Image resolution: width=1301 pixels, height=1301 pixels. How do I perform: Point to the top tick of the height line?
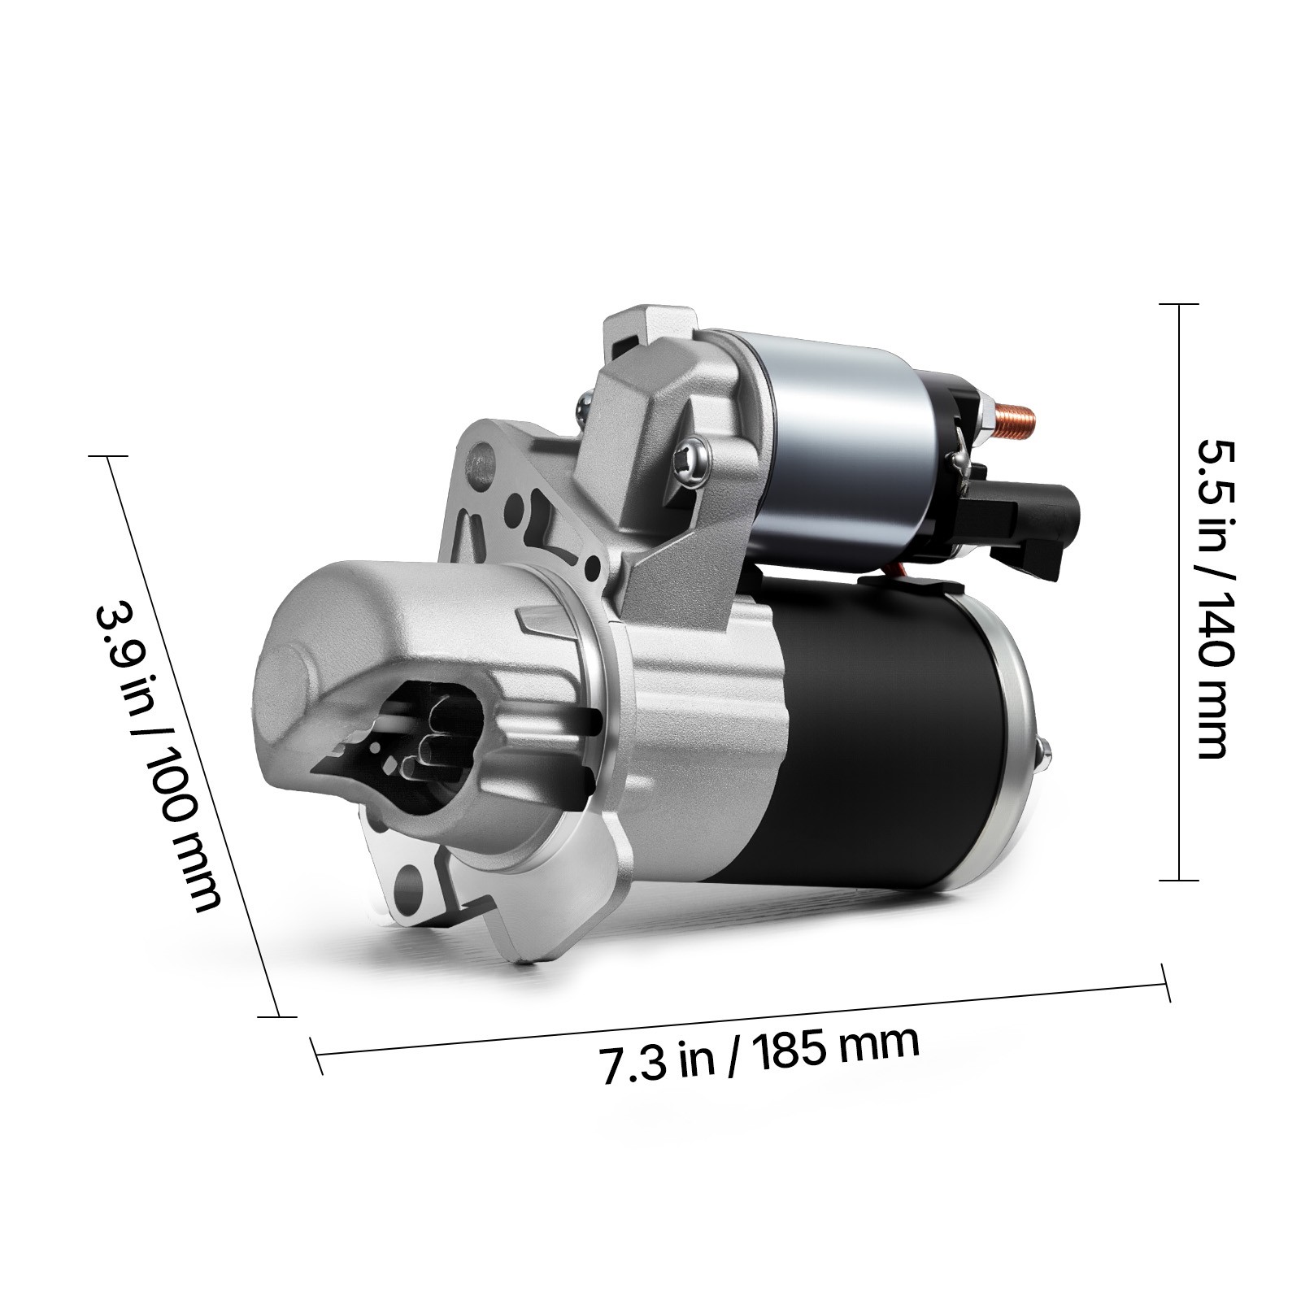tap(1178, 304)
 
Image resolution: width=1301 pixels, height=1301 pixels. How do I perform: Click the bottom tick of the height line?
tap(1178, 880)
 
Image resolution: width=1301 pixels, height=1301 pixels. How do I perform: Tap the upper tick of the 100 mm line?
tap(109, 457)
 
